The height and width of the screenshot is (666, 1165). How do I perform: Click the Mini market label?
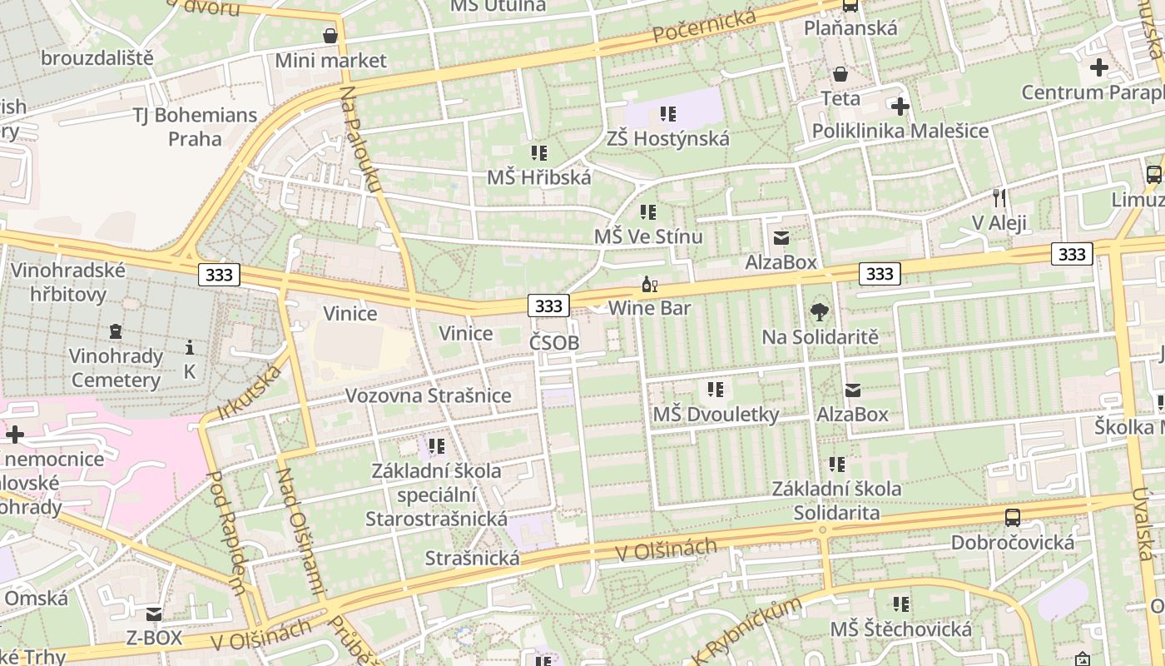pos(330,60)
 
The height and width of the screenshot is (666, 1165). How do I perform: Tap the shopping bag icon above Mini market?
pos(330,36)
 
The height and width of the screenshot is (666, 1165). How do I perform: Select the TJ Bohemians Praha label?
pos(196,126)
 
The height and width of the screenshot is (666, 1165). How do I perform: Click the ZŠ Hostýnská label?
pos(667,138)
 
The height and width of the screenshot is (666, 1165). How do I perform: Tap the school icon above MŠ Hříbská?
pos(539,153)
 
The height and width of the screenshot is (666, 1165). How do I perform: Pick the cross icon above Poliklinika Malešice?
pos(900,107)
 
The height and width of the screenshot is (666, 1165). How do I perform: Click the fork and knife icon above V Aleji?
pos(999,198)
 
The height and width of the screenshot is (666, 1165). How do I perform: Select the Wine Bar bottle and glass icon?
pos(649,285)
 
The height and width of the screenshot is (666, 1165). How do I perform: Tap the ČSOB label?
pos(554,342)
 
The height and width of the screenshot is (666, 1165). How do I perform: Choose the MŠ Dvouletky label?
pos(716,414)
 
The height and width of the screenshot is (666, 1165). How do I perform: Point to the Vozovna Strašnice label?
pos(428,395)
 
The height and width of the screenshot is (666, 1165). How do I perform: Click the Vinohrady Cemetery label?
pos(116,368)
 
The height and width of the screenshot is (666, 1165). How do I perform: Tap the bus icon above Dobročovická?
pos(1012,518)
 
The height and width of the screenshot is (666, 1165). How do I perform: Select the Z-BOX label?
pos(154,638)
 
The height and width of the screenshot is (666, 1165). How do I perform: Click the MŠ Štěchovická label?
pos(900,629)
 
